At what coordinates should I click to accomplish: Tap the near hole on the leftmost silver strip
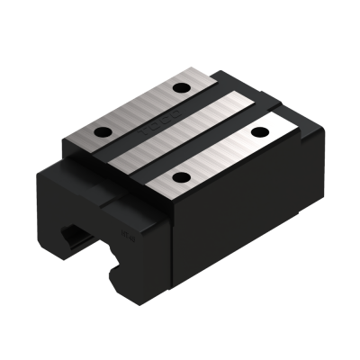(x=102, y=132)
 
